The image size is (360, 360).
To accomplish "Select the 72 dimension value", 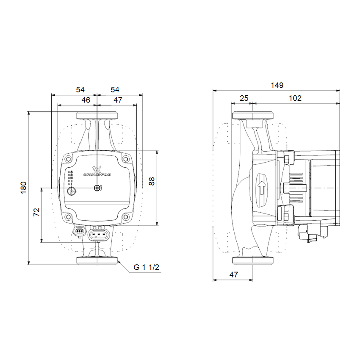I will [x=36, y=212].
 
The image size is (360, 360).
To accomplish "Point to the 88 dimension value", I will [x=152, y=181].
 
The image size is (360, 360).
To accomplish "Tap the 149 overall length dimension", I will [x=277, y=85].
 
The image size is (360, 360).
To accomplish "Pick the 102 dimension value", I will [x=295, y=98].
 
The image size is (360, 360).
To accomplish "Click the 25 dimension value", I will [x=244, y=98].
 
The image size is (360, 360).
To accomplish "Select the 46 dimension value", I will [x=86, y=100].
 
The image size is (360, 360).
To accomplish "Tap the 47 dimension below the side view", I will [x=233, y=274].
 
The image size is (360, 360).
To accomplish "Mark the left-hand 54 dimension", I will [x=80, y=89].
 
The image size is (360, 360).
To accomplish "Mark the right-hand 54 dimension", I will [x=115, y=89].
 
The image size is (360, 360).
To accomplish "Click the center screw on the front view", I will [x=97, y=188].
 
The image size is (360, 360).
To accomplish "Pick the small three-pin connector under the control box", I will [x=79, y=232].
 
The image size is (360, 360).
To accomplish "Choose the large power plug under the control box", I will [x=100, y=233].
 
